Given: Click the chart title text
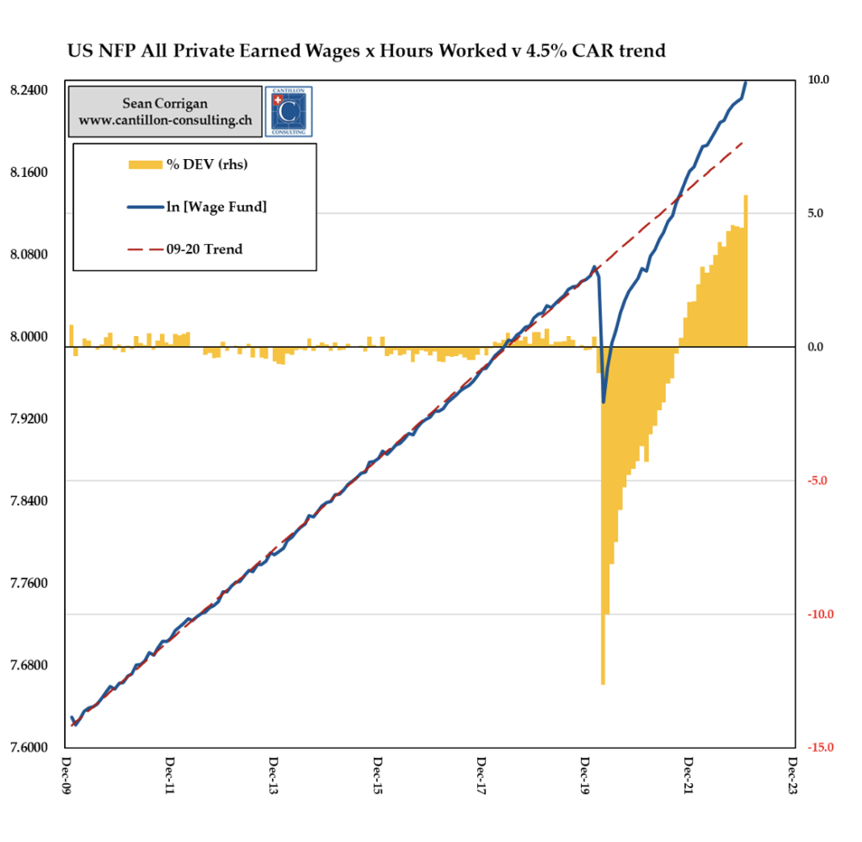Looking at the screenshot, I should click(x=366, y=51).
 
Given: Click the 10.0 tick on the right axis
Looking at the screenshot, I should click(x=818, y=80).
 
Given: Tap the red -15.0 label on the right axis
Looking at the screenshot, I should click(x=817, y=748).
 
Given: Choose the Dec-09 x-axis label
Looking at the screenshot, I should click(x=67, y=780).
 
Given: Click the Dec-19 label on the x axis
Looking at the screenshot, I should click(x=585, y=780).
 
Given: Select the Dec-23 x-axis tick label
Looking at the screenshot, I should click(x=792, y=780).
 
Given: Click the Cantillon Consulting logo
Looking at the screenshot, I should click(x=288, y=110).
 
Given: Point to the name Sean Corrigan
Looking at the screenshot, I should click(x=165, y=104).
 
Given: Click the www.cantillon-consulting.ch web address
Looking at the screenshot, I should click(x=165, y=120).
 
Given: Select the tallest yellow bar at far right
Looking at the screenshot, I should click(x=745, y=269).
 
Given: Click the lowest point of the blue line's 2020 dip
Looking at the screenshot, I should click(x=604, y=402).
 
